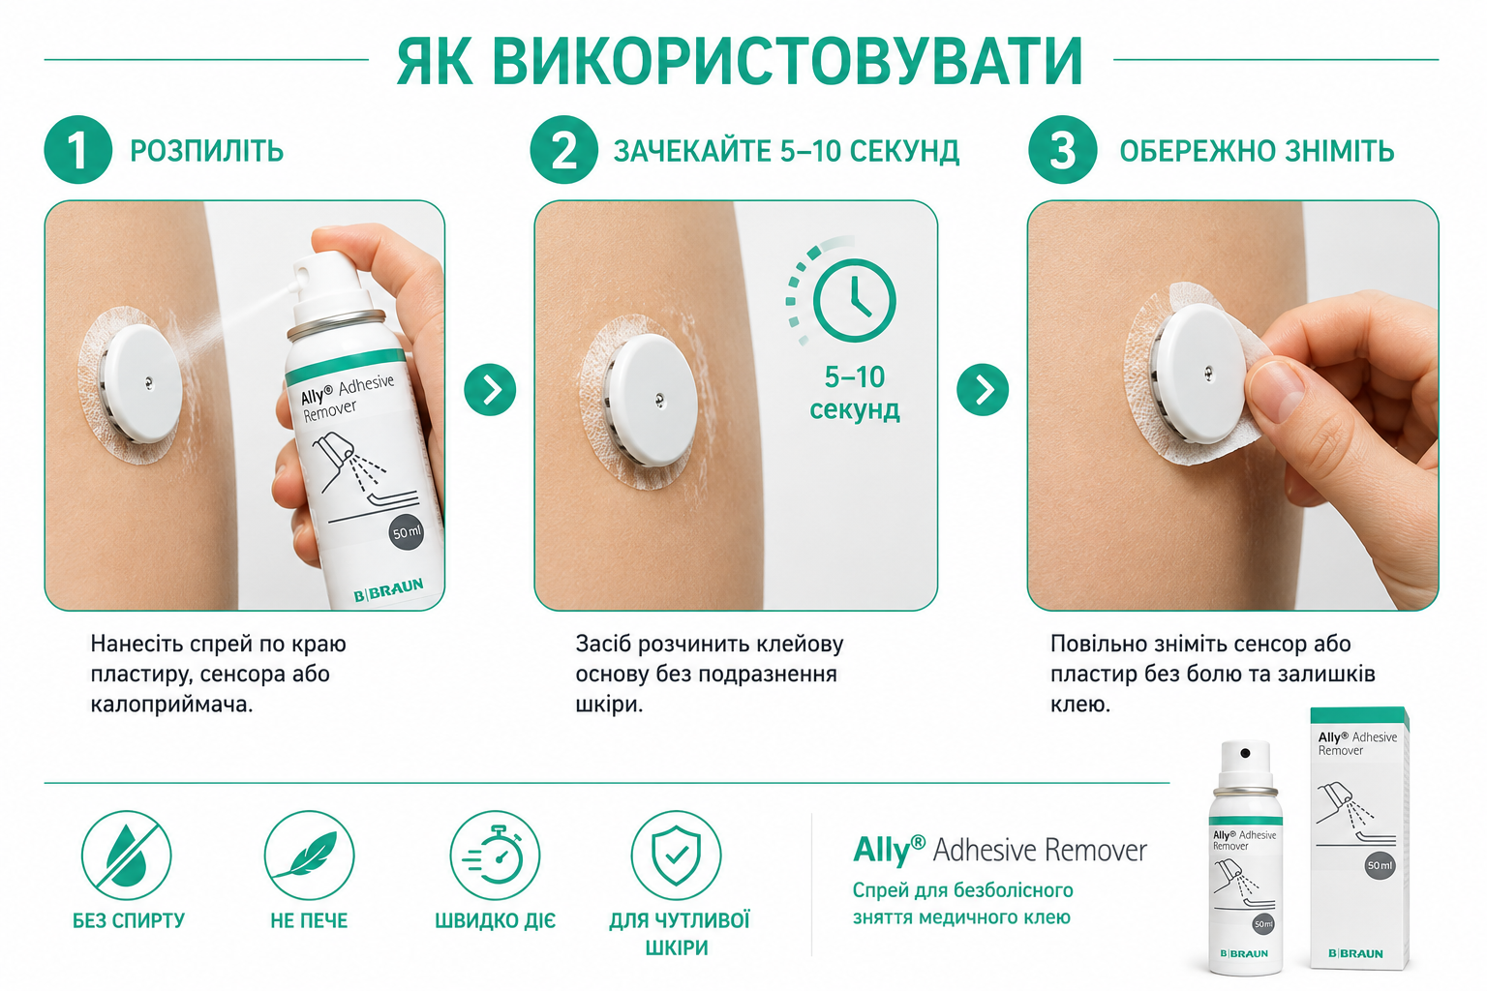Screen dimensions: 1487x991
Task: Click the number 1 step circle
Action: tap(77, 150)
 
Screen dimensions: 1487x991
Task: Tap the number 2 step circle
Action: tap(563, 150)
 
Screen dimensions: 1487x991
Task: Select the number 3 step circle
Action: tap(1062, 150)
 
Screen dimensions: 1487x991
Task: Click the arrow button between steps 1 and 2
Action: tap(490, 390)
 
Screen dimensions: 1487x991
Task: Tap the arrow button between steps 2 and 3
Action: tap(983, 390)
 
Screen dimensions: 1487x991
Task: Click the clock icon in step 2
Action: tap(855, 301)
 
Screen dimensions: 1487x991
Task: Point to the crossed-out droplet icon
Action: tap(126, 856)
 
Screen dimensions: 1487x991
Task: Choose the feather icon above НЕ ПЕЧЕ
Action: tap(309, 856)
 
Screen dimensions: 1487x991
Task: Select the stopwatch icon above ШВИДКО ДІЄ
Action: tap(495, 856)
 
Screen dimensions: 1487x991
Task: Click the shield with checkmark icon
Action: tap(676, 856)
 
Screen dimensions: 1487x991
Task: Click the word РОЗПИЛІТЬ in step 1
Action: tap(206, 151)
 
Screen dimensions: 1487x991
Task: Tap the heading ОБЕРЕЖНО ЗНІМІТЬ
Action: tap(1257, 151)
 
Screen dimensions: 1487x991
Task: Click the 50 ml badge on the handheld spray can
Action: tap(407, 532)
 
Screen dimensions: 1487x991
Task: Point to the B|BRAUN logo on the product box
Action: tap(1355, 954)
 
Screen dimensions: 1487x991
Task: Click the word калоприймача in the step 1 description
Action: tap(171, 705)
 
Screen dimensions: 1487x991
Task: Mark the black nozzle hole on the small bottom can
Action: tap(1245, 753)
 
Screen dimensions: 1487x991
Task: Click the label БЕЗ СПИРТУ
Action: tap(129, 920)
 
